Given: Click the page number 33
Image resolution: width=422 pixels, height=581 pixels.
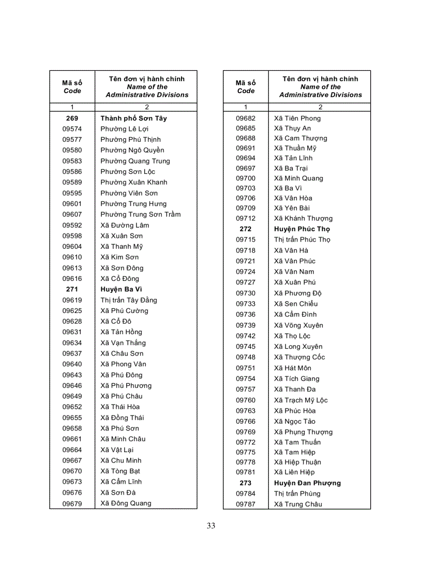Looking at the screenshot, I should (210, 526).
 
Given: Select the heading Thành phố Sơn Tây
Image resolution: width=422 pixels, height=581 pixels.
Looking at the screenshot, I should (133, 118).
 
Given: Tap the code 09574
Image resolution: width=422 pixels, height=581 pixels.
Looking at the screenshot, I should (72, 129).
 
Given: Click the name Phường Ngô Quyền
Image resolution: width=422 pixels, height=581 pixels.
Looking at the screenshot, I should (132, 150).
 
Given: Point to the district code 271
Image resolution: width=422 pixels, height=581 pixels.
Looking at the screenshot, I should (72, 289).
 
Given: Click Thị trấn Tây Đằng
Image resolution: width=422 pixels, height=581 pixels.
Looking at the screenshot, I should (129, 300).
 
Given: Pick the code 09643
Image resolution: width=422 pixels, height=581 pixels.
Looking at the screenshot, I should (72, 375).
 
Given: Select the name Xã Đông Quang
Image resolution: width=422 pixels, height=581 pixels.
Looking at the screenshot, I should (126, 503).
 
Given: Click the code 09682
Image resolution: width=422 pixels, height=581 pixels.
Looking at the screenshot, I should (246, 118).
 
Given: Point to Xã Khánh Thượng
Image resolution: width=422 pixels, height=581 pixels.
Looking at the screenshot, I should (304, 218).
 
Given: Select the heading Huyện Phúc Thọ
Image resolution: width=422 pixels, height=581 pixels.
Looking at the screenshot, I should (302, 229).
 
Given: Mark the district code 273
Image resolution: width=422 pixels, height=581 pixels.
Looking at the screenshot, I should (246, 483).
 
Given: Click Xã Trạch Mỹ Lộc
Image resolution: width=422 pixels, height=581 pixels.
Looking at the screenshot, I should (301, 400).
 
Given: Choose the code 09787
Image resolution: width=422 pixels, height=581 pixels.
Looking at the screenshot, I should (246, 504).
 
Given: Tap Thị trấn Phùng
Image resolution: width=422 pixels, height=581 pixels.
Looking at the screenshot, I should (297, 494).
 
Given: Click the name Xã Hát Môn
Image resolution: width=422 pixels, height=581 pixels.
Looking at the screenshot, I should (293, 368).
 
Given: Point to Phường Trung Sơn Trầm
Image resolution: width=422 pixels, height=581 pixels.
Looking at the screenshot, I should (141, 214).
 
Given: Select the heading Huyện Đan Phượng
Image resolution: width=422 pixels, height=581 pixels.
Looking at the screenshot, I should (308, 483).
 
